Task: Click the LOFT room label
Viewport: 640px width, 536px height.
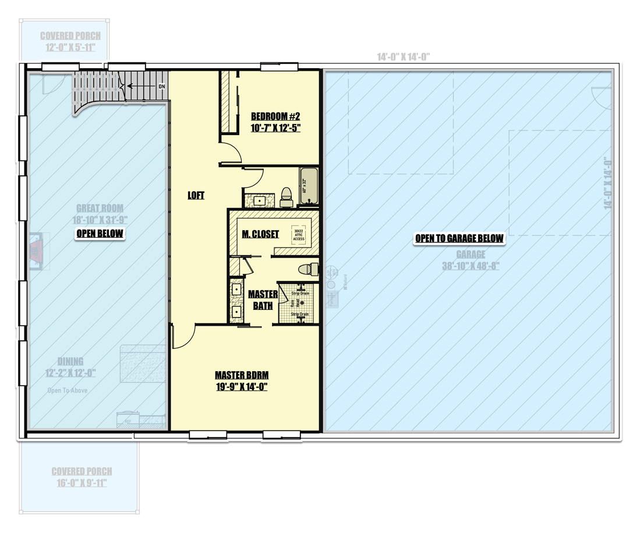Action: (196, 196)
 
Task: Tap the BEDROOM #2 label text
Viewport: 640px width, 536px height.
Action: (275, 115)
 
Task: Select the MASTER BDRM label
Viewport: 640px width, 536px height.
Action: (241, 375)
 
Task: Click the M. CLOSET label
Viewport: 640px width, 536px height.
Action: (260, 234)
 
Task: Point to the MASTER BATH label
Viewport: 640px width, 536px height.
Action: (263, 299)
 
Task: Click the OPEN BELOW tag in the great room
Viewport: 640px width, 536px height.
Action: (100, 234)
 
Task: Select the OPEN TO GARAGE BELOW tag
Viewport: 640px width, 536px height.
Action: (459, 238)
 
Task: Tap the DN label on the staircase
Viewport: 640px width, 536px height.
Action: (162, 86)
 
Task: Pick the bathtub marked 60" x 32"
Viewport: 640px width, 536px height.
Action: (309, 186)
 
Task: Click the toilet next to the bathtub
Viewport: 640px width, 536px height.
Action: (286, 197)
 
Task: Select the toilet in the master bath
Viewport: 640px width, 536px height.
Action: (307, 269)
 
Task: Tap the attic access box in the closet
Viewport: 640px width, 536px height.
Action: (299, 234)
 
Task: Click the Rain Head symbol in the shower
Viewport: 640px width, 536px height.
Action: (300, 302)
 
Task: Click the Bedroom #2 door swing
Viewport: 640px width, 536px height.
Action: (232, 153)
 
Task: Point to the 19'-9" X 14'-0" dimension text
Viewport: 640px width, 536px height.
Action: (241, 386)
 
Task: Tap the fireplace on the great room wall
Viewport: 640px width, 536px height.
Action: (37, 251)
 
